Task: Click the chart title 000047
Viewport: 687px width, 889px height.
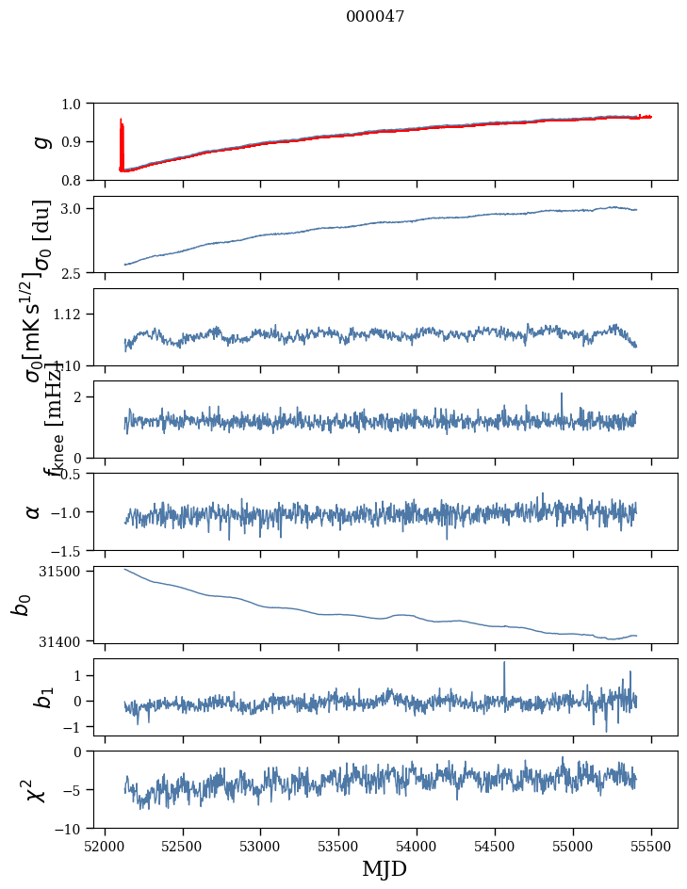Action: [375, 17]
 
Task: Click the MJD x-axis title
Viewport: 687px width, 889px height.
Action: [384, 868]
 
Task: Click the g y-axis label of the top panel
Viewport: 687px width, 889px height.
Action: [41, 141]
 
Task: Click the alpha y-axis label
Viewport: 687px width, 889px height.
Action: [33, 511]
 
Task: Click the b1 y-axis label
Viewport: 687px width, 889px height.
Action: [41, 698]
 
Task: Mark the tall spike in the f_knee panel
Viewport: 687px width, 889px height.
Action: [562, 396]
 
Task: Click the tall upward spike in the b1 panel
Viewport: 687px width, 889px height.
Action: [504, 664]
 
